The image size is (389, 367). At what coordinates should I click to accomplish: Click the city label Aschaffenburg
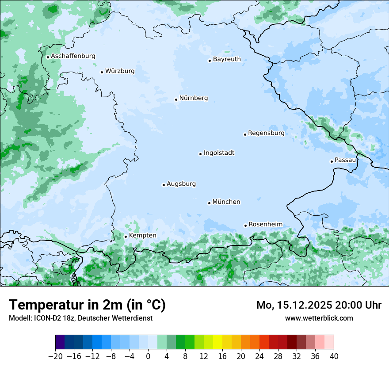click(73, 56)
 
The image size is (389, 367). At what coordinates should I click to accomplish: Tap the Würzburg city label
click(120, 71)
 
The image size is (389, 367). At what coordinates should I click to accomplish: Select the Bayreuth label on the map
click(227, 59)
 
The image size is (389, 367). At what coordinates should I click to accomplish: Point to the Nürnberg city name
click(193, 98)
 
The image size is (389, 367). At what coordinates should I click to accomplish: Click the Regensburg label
click(266, 133)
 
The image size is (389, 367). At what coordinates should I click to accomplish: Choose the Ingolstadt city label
click(219, 153)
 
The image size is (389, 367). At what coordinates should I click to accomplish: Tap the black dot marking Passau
click(332, 161)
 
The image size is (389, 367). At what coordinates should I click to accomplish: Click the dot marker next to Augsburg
click(164, 185)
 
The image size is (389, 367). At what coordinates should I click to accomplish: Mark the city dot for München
click(209, 203)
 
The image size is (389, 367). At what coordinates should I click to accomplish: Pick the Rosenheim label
click(265, 225)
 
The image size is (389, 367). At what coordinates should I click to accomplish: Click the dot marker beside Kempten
click(126, 237)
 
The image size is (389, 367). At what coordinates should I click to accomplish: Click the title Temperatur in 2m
click(87, 305)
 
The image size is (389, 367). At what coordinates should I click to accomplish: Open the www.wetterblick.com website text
click(319, 318)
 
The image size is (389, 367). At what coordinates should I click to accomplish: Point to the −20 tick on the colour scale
click(55, 356)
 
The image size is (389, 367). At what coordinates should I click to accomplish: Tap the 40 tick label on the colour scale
click(334, 356)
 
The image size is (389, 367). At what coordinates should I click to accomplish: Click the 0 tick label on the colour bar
click(148, 356)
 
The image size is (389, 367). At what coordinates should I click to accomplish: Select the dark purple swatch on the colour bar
click(60, 342)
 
